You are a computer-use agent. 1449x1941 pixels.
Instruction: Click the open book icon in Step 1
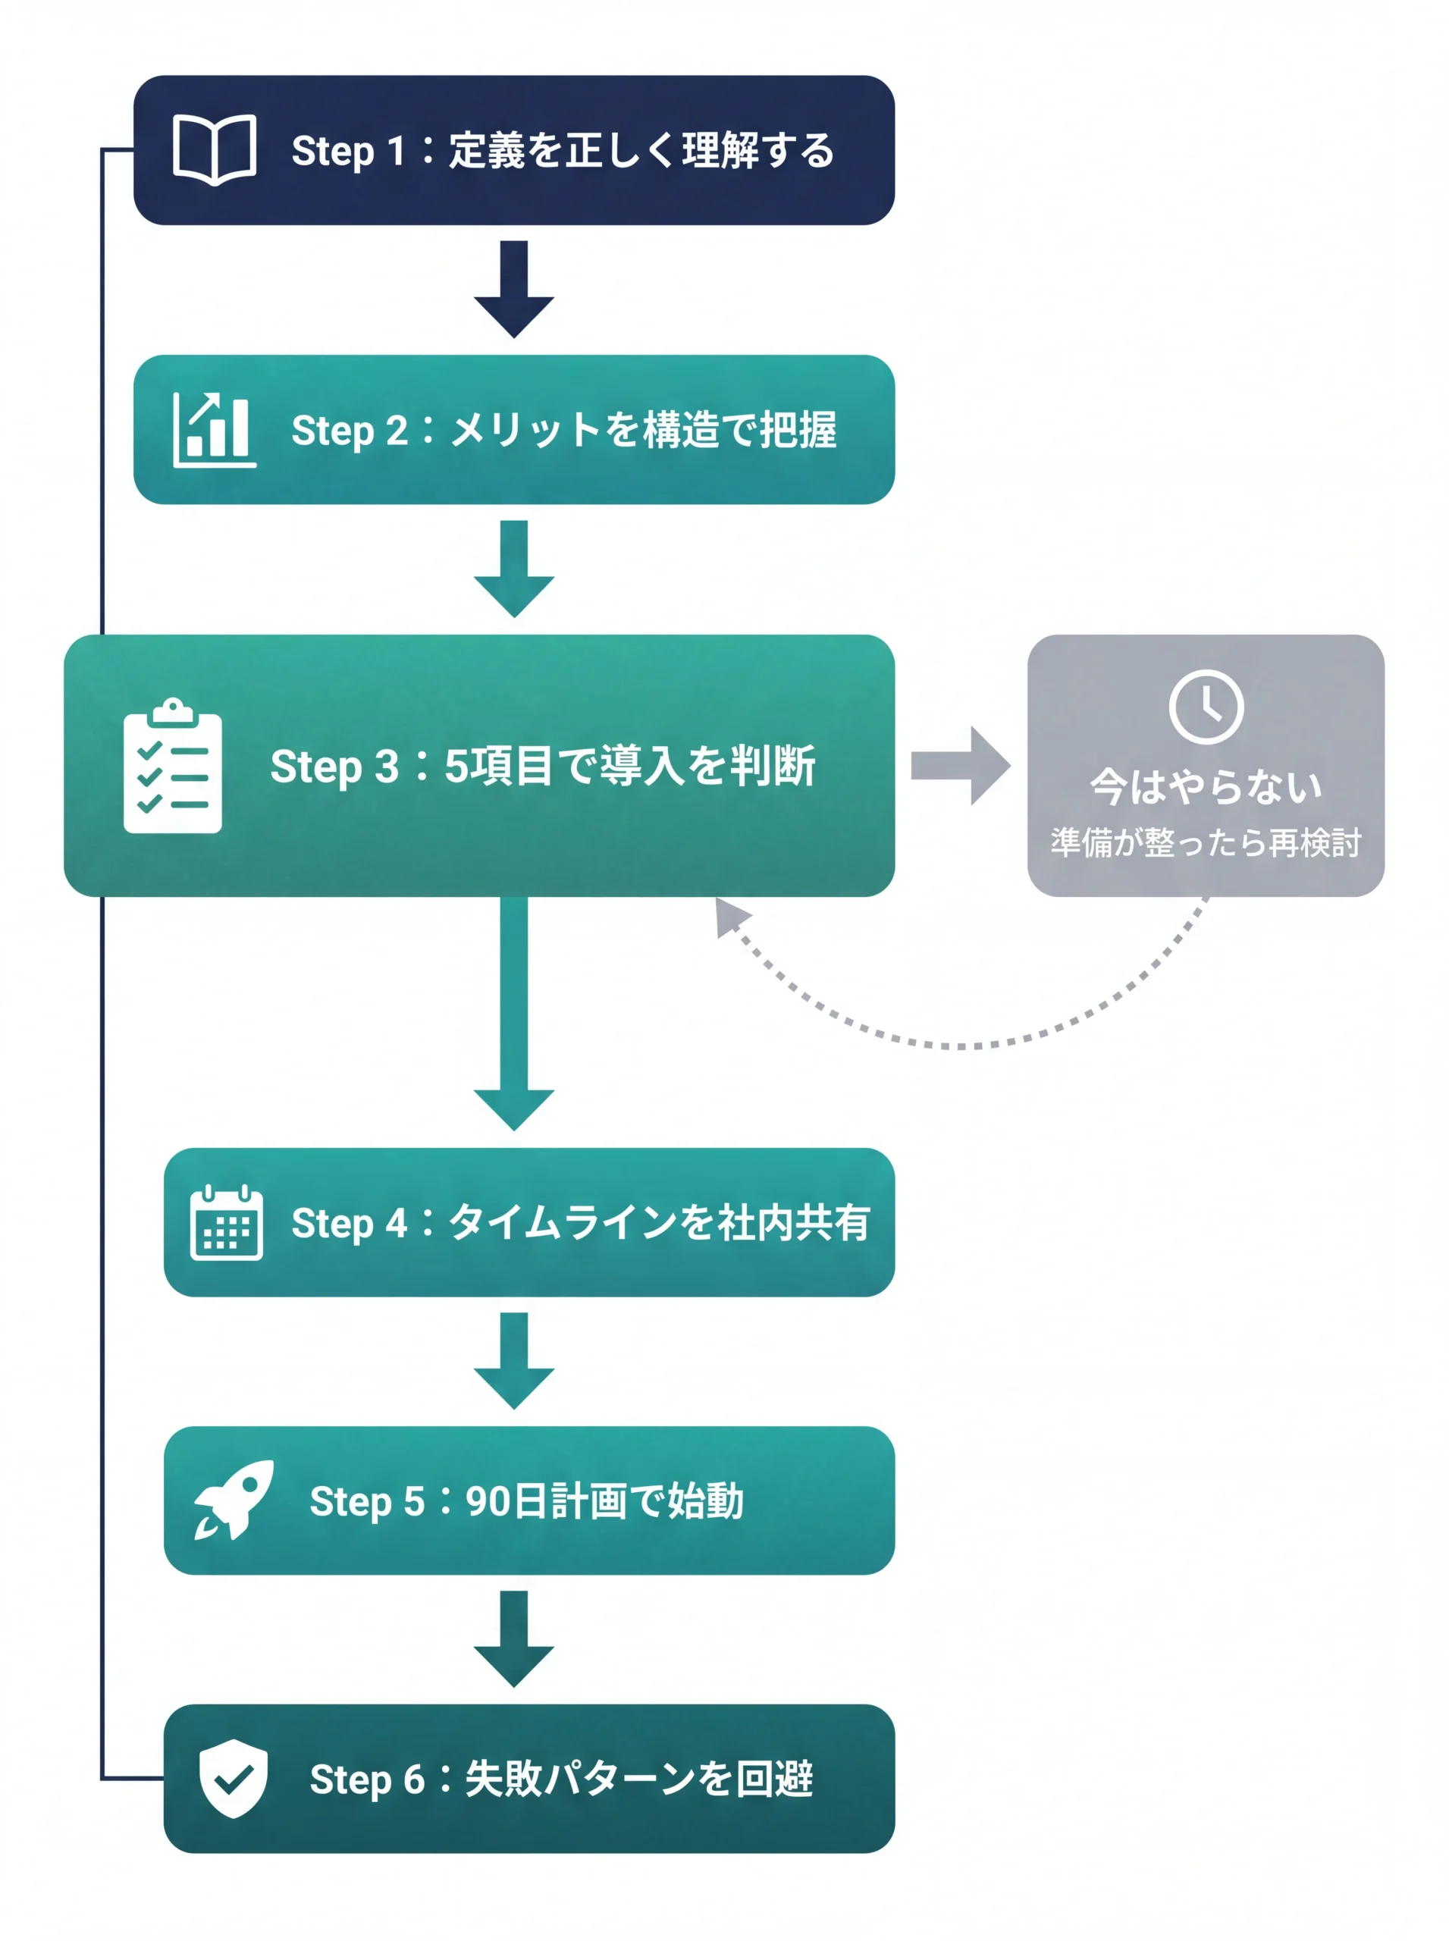pos(214,149)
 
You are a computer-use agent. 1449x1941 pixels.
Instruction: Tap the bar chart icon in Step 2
pos(214,430)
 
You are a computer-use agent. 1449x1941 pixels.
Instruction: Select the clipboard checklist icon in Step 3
pos(173,767)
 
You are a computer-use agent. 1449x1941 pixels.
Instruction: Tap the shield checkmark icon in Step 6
pos(233,1778)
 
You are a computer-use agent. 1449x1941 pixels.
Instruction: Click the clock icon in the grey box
pos(1206,707)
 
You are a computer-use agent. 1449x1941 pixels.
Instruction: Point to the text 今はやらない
pos(1206,787)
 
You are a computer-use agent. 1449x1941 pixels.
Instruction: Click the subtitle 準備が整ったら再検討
pos(1206,843)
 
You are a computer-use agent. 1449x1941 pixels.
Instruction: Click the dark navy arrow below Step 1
pos(514,289)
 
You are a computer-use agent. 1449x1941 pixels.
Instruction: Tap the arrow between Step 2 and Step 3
pos(514,569)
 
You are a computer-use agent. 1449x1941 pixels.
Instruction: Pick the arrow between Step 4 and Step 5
pos(514,1360)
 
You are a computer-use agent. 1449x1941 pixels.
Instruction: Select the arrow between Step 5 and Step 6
pos(514,1638)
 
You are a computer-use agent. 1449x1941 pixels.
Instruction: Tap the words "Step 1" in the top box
pos(347,151)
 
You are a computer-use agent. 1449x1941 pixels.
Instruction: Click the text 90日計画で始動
pos(604,1500)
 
